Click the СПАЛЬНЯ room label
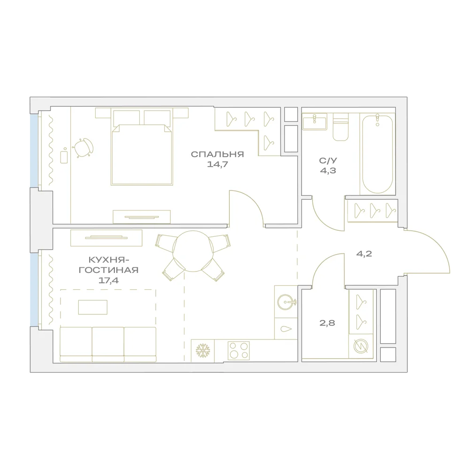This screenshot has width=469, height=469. (218, 154)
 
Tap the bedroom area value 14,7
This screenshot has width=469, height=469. (218, 164)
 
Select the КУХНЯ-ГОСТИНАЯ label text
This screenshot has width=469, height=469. (109, 265)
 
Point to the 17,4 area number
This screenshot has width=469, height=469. (109, 280)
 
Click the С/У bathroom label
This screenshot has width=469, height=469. (328, 160)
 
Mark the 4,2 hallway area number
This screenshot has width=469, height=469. (364, 254)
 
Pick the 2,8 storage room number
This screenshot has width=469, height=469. (327, 323)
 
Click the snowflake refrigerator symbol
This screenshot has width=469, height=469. (203, 351)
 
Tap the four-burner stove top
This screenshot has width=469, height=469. (239, 350)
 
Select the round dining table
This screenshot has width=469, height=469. (193, 251)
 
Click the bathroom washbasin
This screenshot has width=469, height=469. (314, 122)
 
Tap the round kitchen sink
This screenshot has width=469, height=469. (286, 302)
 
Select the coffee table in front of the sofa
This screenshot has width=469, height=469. (93, 307)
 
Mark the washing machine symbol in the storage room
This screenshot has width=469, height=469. (361, 346)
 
